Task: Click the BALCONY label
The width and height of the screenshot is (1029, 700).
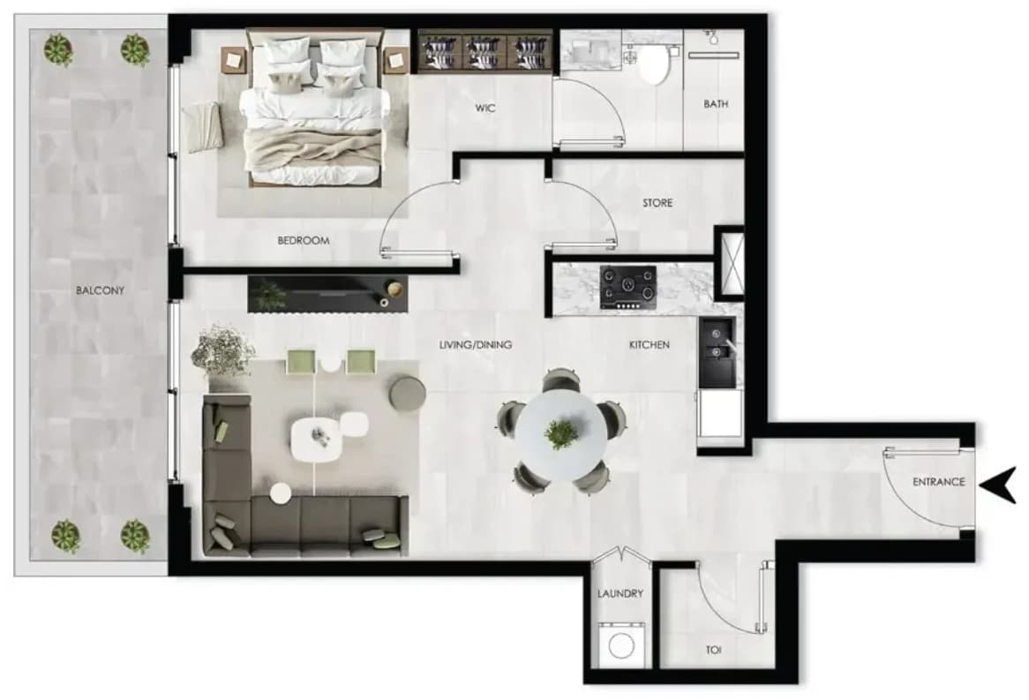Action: tap(100, 290)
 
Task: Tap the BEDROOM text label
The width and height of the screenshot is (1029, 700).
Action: tap(304, 240)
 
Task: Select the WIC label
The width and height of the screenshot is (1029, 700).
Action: tap(485, 108)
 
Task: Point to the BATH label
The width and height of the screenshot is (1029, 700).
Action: tap(716, 104)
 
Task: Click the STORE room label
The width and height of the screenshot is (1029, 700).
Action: tap(657, 203)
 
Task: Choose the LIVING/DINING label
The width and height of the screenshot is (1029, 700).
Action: tap(475, 344)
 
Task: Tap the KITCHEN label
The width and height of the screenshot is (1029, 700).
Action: tap(649, 344)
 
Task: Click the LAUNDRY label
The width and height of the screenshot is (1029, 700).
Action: tap(620, 593)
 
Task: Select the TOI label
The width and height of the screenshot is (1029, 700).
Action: tap(713, 650)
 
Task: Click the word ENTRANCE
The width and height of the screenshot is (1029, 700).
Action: tap(938, 482)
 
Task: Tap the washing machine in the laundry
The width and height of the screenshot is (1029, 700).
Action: tap(620, 645)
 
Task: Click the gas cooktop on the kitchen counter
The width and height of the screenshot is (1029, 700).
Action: tap(628, 287)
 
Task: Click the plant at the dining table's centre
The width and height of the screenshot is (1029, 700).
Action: tap(561, 433)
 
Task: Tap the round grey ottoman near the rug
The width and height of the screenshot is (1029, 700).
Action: tap(407, 394)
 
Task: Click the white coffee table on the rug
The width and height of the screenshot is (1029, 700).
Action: tap(317, 440)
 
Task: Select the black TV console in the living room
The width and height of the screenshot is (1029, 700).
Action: tap(327, 294)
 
